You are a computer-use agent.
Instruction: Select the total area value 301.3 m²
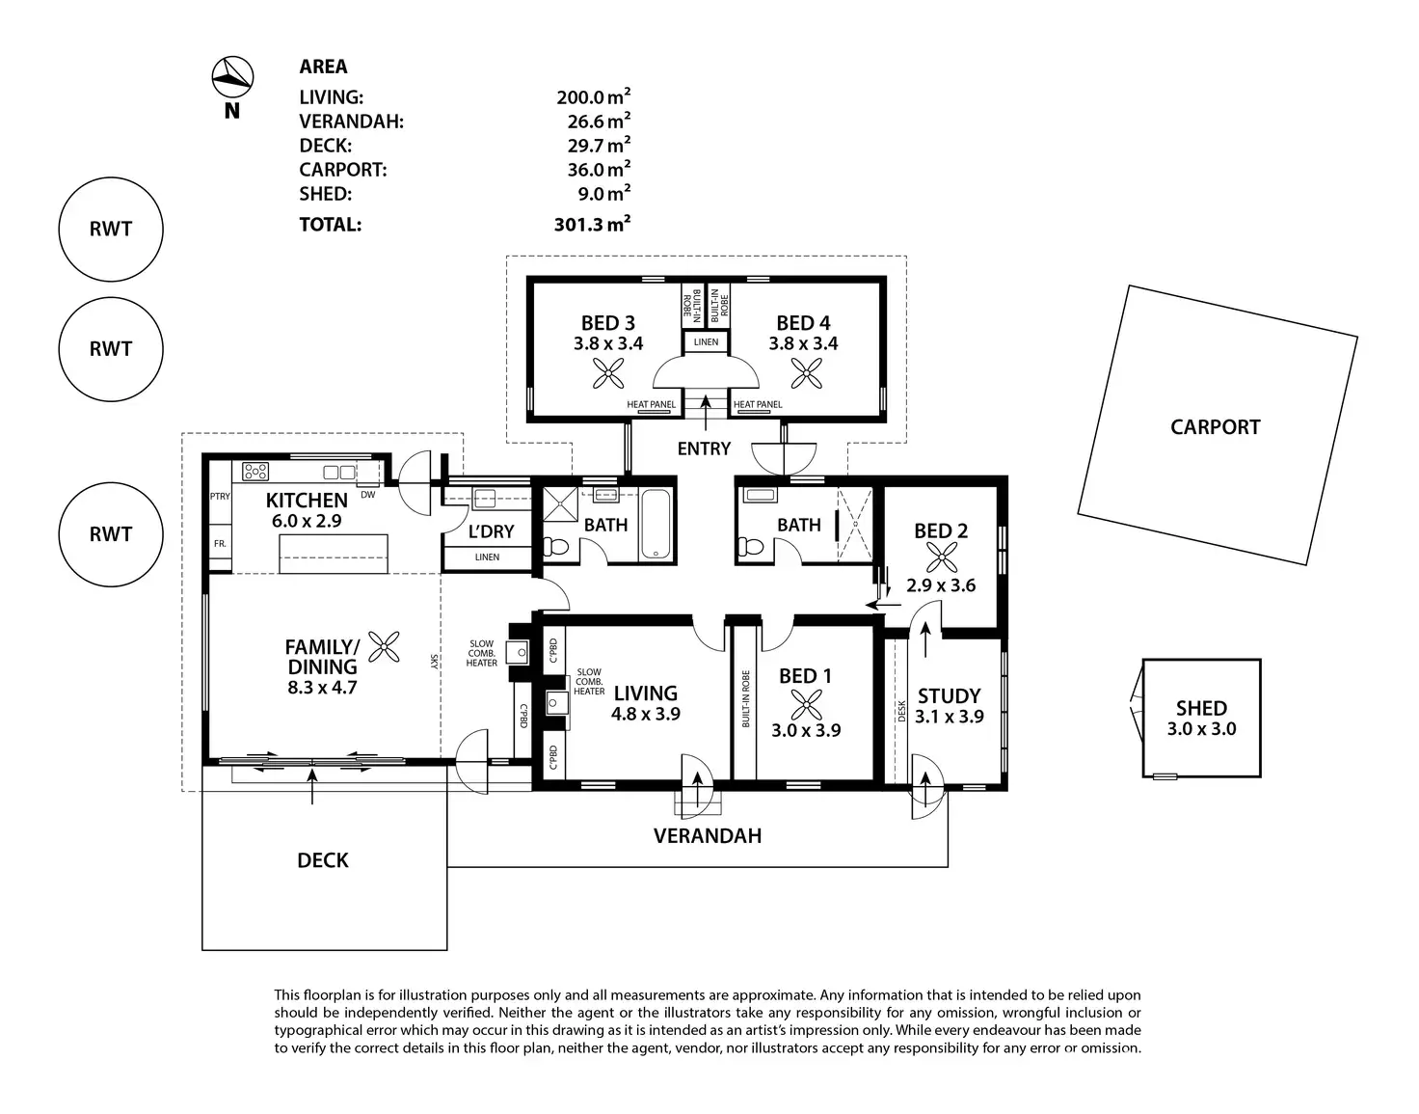click(x=592, y=224)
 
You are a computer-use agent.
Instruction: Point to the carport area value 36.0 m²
click(x=599, y=169)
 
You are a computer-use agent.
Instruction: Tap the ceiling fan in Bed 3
click(x=608, y=373)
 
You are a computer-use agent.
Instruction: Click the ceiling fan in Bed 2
click(x=941, y=558)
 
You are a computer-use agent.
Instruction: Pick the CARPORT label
click(x=1216, y=426)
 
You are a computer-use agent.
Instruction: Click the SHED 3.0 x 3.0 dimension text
click(x=1201, y=728)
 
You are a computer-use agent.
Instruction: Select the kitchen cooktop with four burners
click(x=255, y=471)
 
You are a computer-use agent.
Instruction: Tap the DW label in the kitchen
click(x=368, y=495)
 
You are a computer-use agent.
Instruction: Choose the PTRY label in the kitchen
click(x=220, y=496)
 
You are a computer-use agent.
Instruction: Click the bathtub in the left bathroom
click(x=656, y=524)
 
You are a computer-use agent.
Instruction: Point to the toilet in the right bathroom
click(x=750, y=546)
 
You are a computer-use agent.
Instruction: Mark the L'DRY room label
click(x=491, y=531)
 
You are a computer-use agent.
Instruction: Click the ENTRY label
click(x=704, y=448)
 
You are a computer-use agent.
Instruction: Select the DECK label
click(x=323, y=859)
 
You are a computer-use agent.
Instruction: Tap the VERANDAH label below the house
click(x=708, y=835)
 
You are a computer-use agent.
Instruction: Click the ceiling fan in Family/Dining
click(x=384, y=647)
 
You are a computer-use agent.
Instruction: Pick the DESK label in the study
click(x=901, y=711)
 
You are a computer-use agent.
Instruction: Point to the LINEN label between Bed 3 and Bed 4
click(x=706, y=341)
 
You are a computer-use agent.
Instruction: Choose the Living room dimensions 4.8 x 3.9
click(x=646, y=714)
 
